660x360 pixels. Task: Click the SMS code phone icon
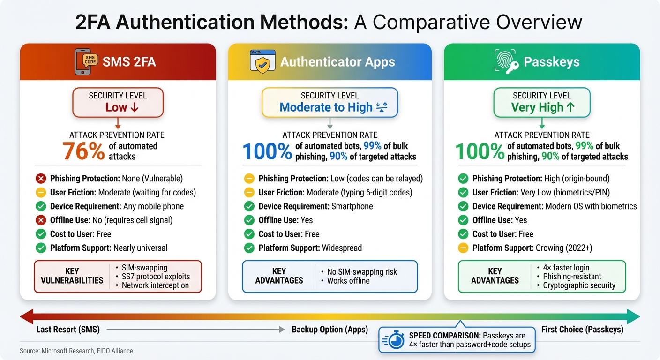[x=87, y=62]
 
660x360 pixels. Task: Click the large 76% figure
[x=83, y=151]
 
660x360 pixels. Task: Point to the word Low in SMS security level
[x=116, y=107]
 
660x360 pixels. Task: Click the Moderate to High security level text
[x=326, y=107]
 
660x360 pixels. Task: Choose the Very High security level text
[x=537, y=107]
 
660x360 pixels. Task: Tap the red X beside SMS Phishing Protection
[x=41, y=179]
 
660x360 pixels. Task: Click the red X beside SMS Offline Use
[x=41, y=220]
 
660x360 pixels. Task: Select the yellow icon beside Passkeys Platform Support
[x=464, y=248]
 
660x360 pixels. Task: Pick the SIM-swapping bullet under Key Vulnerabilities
[x=145, y=267]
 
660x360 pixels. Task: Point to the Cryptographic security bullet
[x=579, y=285]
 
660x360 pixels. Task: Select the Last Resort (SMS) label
[x=68, y=330]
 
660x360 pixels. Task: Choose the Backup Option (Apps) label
[x=330, y=330]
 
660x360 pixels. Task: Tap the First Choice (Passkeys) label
[x=582, y=330]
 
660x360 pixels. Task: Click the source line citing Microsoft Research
[x=76, y=351]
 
